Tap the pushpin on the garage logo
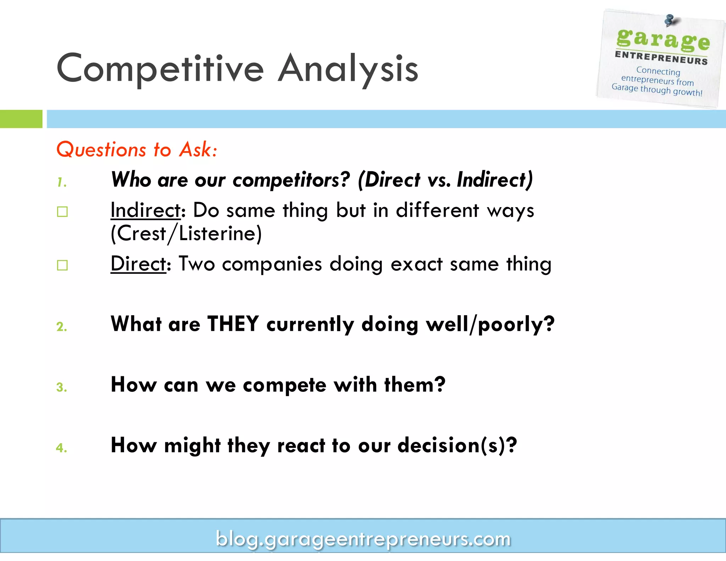669,20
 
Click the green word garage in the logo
663,40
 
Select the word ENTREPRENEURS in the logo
661,58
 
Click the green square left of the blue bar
21,119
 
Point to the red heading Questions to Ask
137,149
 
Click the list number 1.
62,182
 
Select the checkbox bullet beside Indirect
62,212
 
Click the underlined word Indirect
146,210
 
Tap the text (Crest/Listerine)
186,234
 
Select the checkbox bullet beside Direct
62,265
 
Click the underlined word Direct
138,264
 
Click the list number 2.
62,327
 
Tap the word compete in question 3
284,385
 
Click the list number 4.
62,448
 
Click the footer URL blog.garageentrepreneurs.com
363,539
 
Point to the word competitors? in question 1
291,180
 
